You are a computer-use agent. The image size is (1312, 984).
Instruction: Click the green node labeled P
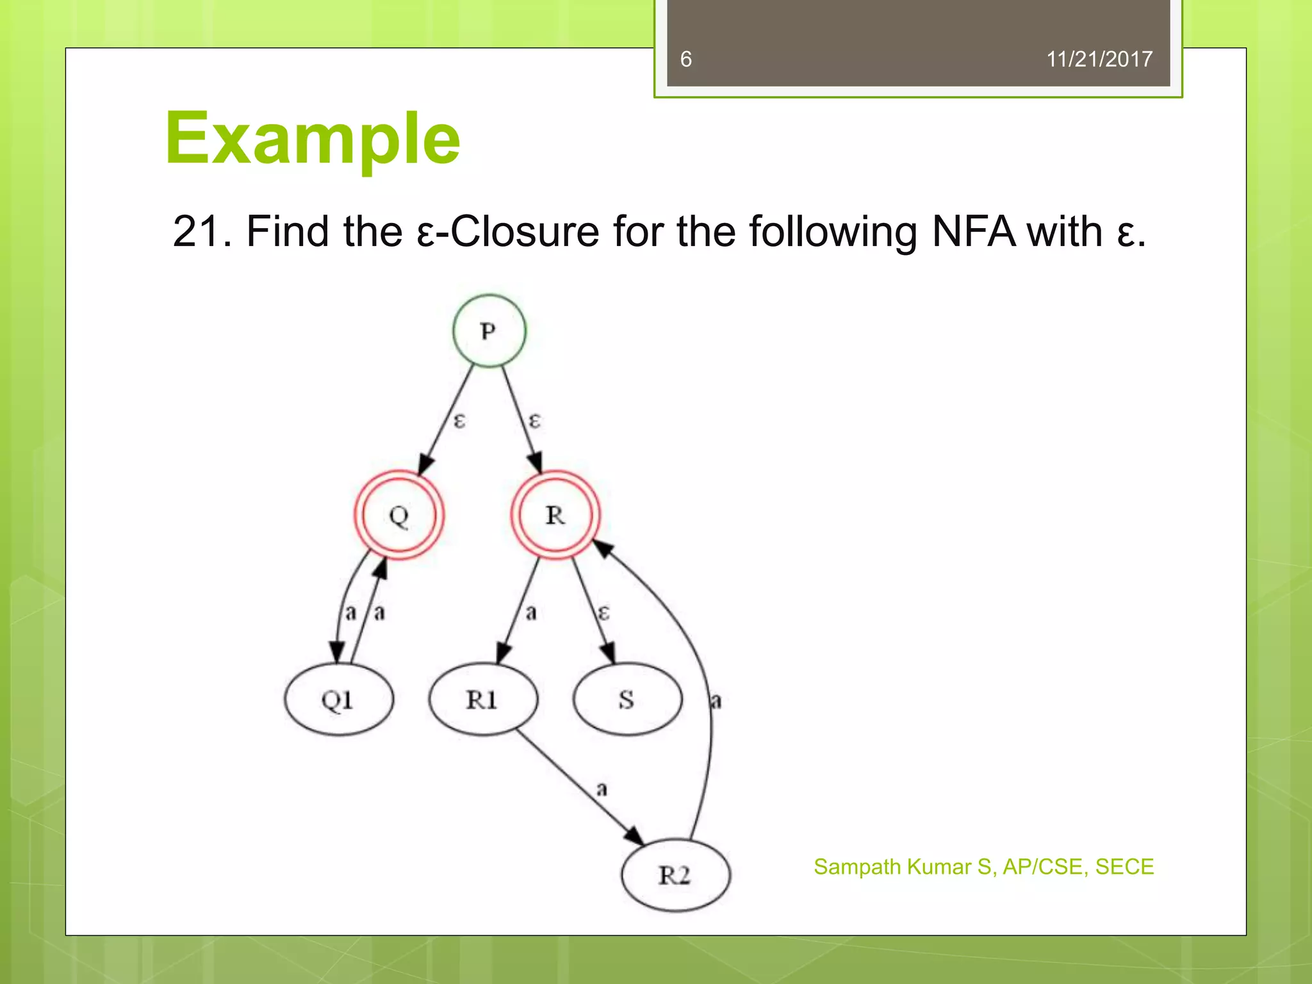pyautogui.click(x=489, y=331)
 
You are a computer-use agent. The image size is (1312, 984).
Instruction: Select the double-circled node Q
pyautogui.click(x=399, y=515)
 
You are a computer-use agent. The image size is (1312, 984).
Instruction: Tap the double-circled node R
pyautogui.click(x=555, y=515)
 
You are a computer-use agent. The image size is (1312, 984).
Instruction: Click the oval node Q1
pyautogui.click(x=338, y=700)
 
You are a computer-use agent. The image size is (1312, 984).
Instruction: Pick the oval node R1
pyautogui.click(x=482, y=700)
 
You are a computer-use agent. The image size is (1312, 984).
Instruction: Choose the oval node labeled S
pyautogui.click(x=627, y=700)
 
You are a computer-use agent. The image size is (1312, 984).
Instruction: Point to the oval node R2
pyautogui.click(x=675, y=875)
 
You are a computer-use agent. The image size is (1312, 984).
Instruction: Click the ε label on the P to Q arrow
pyautogui.click(x=459, y=421)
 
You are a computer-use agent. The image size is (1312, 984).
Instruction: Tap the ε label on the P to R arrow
pyautogui.click(x=534, y=421)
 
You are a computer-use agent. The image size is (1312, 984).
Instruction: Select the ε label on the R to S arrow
pyautogui.click(x=603, y=612)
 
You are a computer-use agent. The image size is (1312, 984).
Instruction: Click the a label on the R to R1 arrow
pyautogui.click(x=530, y=612)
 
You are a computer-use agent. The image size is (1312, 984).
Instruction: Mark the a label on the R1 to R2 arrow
pyautogui.click(x=601, y=789)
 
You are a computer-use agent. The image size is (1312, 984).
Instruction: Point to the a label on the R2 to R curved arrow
pyautogui.click(x=716, y=701)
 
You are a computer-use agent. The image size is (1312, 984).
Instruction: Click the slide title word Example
pyautogui.click(x=313, y=138)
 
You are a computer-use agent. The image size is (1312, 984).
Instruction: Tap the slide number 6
pyautogui.click(x=686, y=60)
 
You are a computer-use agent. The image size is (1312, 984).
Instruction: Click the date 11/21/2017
pyautogui.click(x=1099, y=60)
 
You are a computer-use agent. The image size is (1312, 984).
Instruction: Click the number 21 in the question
pyautogui.click(x=195, y=231)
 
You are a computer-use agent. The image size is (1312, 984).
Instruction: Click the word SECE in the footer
pyautogui.click(x=1124, y=867)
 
